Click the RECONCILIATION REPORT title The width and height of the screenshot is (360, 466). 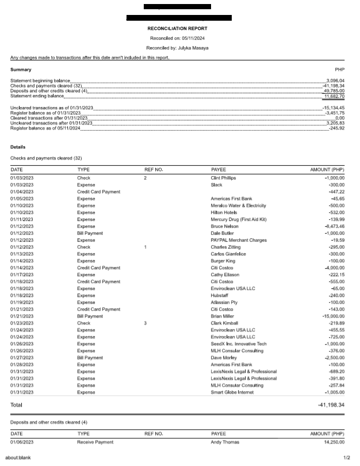point(178,28)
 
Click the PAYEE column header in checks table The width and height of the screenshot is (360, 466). point(219,170)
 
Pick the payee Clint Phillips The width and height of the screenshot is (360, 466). point(224,178)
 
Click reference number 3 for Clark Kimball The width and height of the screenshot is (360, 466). point(145,323)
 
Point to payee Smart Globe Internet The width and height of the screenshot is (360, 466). point(233,392)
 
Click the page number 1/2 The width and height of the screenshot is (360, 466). point(346,458)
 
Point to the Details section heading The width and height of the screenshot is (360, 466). point(18,147)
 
